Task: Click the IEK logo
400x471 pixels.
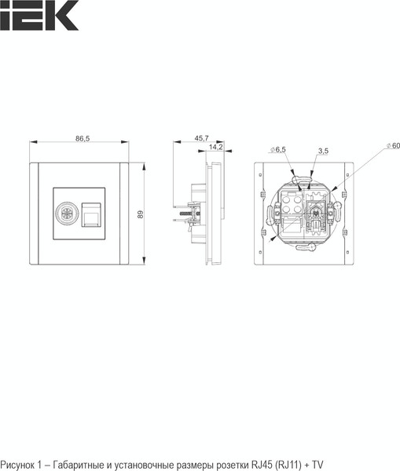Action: click(x=39, y=15)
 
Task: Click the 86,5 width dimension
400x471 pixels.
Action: click(x=83, y=138)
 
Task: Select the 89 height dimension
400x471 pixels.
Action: click(x=140, y=214)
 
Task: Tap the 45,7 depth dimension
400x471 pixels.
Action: click(x=201, y=138)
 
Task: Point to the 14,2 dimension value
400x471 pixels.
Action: click(x=215, y=147)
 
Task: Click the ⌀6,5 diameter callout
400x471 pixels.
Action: click(x=278, y=149)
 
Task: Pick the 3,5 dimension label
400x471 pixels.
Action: click(x=323, y=151)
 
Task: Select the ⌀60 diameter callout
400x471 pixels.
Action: click(x=394, y=146)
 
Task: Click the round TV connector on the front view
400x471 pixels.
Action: click(x=67, y=214)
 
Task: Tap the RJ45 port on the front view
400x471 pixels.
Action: click(x=91, y=215)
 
